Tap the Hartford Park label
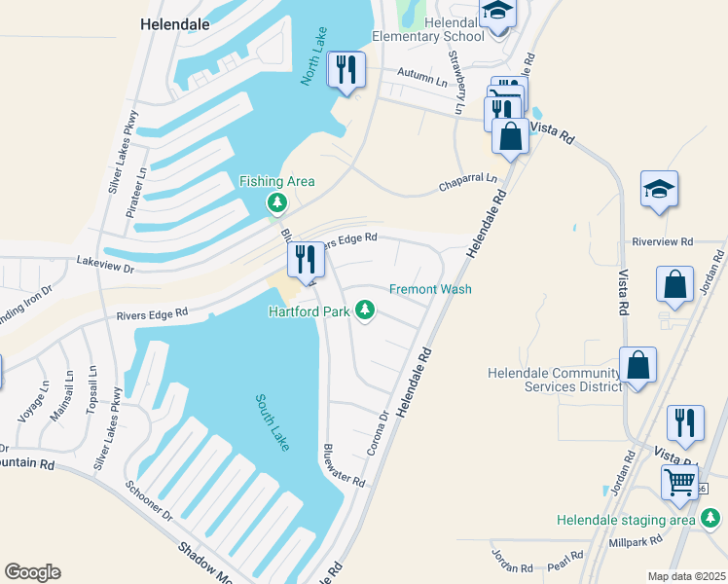pyautogui.click(x=309, y=311)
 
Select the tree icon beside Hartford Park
pyautogui.click(x=365, y=310)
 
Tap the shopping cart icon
pyautogui.click(x=679, y=481)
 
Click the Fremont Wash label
pyautogui.click(x=430, y=289)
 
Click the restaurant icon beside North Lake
pyautogui.click(x=346, y=70)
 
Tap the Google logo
pyautogui.click(x=32, y=572)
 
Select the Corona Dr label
pyautogui.click(x=382, y=427)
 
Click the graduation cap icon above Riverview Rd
pyautogui.click(x=659, y=190)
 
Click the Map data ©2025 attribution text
pyautogui.click(x=685, y=576)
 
